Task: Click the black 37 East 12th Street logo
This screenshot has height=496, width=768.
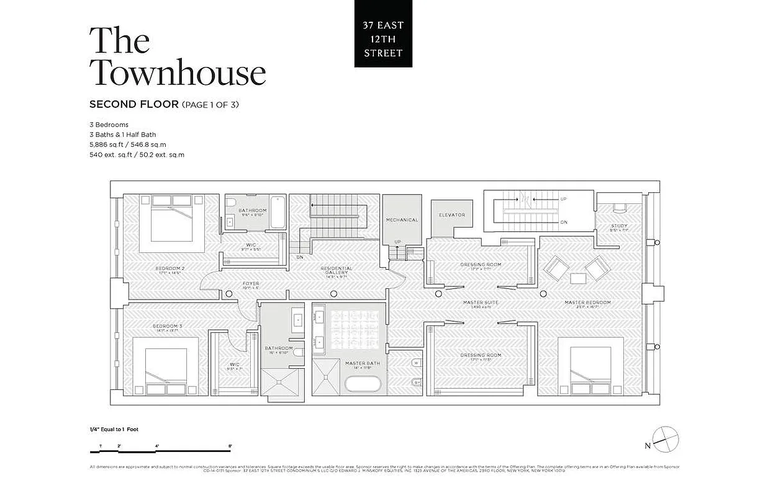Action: pos(383,33)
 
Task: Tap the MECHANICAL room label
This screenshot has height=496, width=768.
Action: pos(402,219)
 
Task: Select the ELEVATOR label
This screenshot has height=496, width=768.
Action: pos(451,215)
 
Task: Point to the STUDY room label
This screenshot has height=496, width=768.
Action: pos(619,226)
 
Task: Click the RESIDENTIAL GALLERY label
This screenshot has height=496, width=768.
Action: pos(337,270)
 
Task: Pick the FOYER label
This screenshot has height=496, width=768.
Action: pos(250,284)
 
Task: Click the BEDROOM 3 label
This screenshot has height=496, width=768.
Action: pos(167,326)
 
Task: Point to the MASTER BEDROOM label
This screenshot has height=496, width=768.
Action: pos(587,303)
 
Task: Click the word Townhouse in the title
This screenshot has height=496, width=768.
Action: pos(178,73)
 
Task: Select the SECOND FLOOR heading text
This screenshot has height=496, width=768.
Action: pos(134,104)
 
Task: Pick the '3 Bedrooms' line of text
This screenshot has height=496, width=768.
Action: pos(109,125)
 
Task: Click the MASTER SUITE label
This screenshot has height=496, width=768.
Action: pos(481,303)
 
